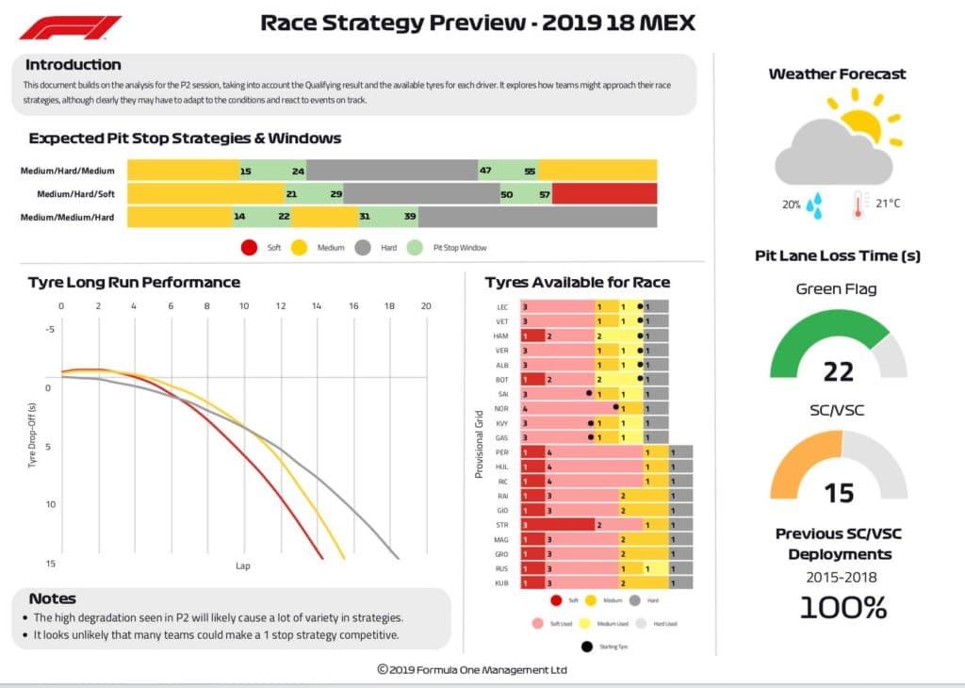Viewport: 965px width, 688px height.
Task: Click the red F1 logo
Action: coord(71,27)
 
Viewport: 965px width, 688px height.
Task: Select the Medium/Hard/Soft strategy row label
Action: coord(75,194)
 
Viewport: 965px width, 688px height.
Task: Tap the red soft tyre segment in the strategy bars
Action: coord(604,194)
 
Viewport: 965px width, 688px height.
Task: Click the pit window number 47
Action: coord(485,172)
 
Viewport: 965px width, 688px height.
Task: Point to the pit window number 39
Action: coord(410,217)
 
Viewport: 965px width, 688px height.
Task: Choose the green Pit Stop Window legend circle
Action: coord(415,248)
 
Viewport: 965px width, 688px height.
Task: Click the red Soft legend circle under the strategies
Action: coord(250,248)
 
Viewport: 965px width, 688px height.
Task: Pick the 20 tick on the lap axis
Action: coord(426,306)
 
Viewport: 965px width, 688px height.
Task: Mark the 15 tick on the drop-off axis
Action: coord(51,563)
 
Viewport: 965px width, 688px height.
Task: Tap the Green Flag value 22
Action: coord(838,372)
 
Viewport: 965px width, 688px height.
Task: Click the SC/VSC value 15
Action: coord(839,492)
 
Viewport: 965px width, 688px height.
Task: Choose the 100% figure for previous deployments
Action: coord(843,607)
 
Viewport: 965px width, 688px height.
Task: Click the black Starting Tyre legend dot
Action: coord(588,647)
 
